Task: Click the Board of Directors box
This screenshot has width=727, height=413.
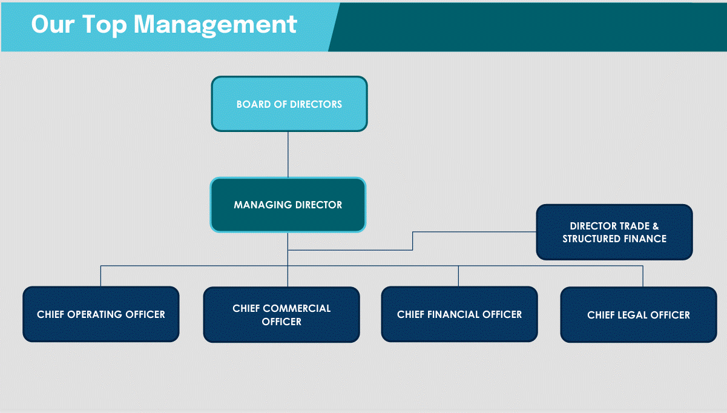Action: click(x=289, y=104)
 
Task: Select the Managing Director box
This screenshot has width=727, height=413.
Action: click(x=288, y=205)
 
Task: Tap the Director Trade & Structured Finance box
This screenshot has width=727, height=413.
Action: click(x=614, y=232)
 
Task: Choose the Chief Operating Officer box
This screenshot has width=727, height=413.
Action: click(x=100, y=314)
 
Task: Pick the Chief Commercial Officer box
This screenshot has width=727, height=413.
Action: click(x=281, y=315)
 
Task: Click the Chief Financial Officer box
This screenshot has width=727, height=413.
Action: click(x=459, y=314)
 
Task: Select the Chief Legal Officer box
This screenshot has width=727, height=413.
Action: click(x=638, y=315)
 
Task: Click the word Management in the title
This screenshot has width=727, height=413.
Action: click(x=215, y=24)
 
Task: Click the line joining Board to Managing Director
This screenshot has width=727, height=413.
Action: click(x=288, y=154)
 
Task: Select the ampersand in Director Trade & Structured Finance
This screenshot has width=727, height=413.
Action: click(x=656, y=226)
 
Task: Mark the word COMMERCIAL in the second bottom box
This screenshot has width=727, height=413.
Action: click(x=297, y=308)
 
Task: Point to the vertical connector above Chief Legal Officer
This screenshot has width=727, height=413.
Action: click(x=643, y=276)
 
